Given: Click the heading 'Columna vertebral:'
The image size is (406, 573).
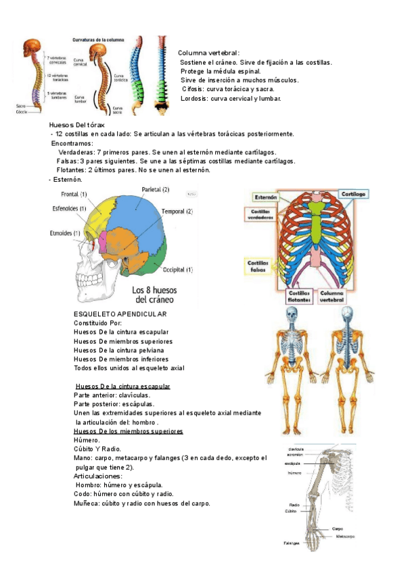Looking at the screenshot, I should coord(208,53).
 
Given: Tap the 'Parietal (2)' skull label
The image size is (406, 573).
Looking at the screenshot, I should coord(156,189).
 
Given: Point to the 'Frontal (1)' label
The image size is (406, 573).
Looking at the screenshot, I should coord(74,195).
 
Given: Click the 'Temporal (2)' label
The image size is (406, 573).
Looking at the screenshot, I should coord(177,211).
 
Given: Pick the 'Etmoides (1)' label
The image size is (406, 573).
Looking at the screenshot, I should coord(65,233).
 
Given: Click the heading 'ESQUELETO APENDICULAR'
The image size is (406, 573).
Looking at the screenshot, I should coord(120,314).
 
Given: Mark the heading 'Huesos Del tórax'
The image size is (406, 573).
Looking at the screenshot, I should coord(77,125).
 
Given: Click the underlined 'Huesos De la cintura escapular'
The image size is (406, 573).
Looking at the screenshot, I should coord(122,387).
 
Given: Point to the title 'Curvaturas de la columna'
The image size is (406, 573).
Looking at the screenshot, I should coord(99,40).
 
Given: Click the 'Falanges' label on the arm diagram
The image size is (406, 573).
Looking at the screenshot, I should coord(292,542).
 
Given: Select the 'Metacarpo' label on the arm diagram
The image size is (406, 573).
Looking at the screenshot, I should coord(346,536).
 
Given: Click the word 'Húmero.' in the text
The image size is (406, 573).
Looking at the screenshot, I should coord(87,440).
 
